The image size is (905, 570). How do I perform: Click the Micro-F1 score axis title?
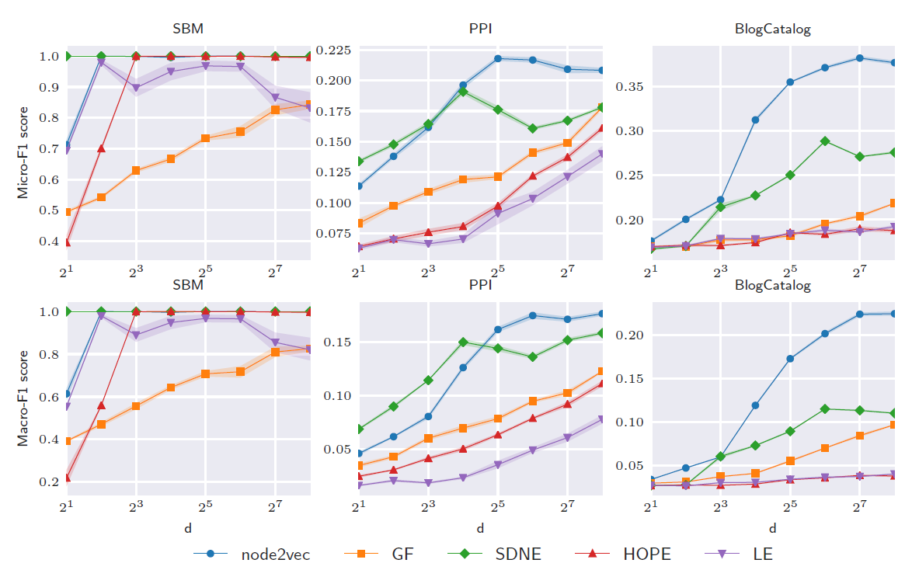(x=23, y=152)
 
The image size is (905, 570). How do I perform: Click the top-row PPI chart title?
(x=480, y=30)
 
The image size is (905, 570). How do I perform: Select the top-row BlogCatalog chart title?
(x=772, y=30)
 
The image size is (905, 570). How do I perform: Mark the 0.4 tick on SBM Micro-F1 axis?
(x=48, y=242)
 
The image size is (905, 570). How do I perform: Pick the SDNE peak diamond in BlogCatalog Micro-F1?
(x=825, y=141)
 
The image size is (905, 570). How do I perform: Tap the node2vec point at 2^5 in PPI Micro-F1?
(x=498, y=58)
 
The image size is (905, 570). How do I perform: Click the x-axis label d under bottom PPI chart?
(x=480, y=528)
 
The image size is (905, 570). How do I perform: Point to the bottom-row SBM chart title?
(x=188, y=285)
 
